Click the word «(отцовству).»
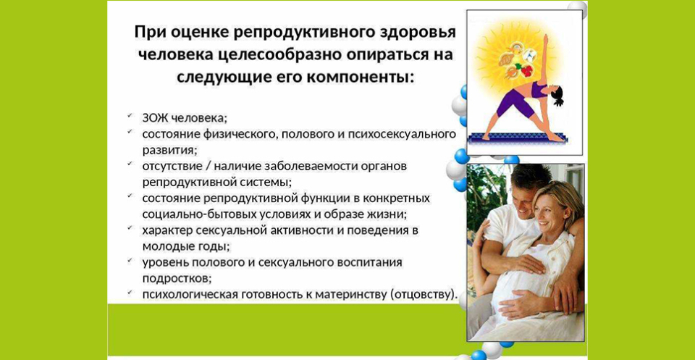coord(424,294)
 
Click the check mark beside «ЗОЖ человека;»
coord(130,116)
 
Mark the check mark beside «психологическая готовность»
coord(130,292)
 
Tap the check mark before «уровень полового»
coord(130,260)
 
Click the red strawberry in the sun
coord(526,70)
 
